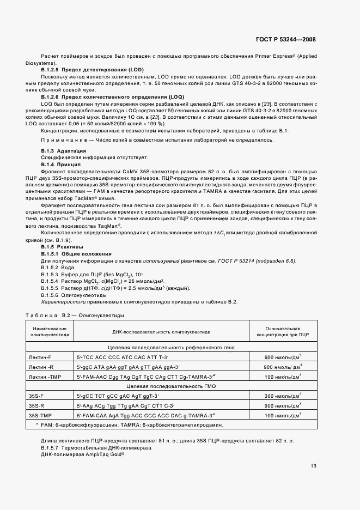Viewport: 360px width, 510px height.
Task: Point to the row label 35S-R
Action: coord(36,405)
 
